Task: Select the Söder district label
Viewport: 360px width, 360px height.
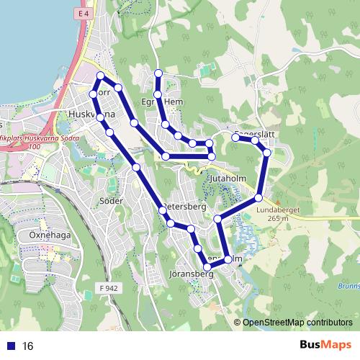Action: pyautogui.click(x=111, y=200)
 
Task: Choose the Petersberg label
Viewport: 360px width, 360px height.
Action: pyautogui.click(x=186, y=207)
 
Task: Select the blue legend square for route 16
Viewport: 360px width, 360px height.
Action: pyautogui.click(x=9, y=346)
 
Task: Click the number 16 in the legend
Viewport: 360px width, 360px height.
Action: pyautogui.click(x=28, y=346)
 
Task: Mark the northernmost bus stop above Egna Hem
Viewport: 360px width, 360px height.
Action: pyautogui.click(x=158, y=73)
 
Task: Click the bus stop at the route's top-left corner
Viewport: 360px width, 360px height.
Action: pyautogui.click(x=100, y=76)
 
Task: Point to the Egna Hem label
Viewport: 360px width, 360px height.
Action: pyautogui.click(x=169, y=102)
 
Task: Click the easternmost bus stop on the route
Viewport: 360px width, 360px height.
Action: pyautogui.click(x=267, y=153)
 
